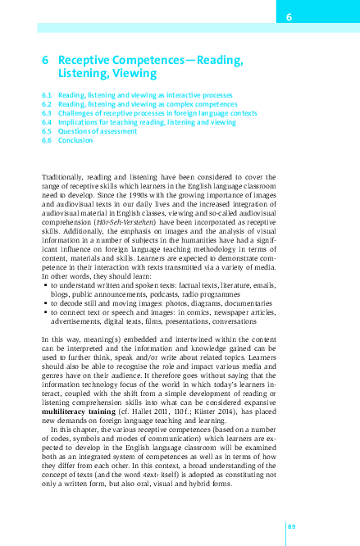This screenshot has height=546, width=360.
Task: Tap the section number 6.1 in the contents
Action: click(47, 95)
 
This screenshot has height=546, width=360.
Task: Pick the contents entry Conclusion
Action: click(75, 140)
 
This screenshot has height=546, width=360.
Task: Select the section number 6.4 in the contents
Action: click(47, 122)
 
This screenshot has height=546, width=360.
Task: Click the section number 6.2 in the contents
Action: click(47, 104)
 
